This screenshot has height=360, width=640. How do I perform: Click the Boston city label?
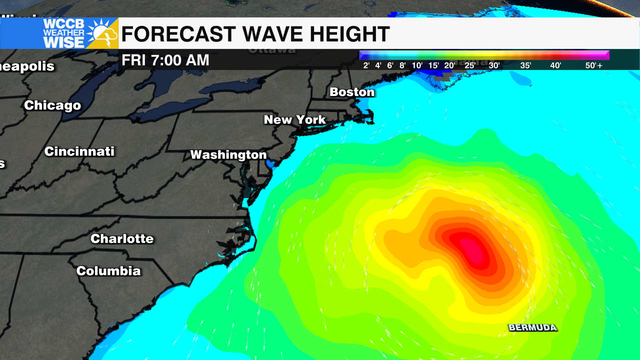[352, 92]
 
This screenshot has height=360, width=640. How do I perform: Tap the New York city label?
[295, 120]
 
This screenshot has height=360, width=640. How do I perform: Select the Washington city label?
[228, 155]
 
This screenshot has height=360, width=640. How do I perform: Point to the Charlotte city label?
[122, 238]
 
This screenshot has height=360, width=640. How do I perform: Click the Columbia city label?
[108, 271]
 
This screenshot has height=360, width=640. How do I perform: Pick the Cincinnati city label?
[79, 151]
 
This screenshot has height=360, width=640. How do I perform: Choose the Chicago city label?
[52, 105]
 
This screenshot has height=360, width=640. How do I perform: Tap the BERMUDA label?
[532, 327]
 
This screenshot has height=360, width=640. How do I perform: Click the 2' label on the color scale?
[366, 65]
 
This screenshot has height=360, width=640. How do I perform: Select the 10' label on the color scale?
[417, 65]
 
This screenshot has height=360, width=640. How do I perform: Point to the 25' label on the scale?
[470, 65]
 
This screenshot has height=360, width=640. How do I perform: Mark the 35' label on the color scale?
[525, 65]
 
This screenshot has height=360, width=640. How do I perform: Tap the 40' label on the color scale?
[555, 65]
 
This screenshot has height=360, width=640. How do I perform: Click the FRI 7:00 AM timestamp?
[165, 60]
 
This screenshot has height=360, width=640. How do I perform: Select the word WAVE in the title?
[272, 34]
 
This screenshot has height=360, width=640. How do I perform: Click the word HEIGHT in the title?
[349, 34]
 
